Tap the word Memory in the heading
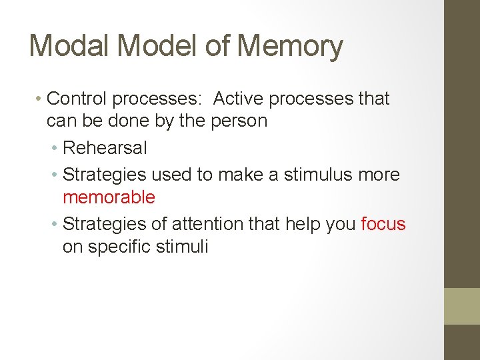tap(290, 46)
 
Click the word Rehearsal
tap(105, 148)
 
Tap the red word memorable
tap(109, 197)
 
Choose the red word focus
tap(383, 224)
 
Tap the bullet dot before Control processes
tap(39, 99)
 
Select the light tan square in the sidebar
tap(462, 306)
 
